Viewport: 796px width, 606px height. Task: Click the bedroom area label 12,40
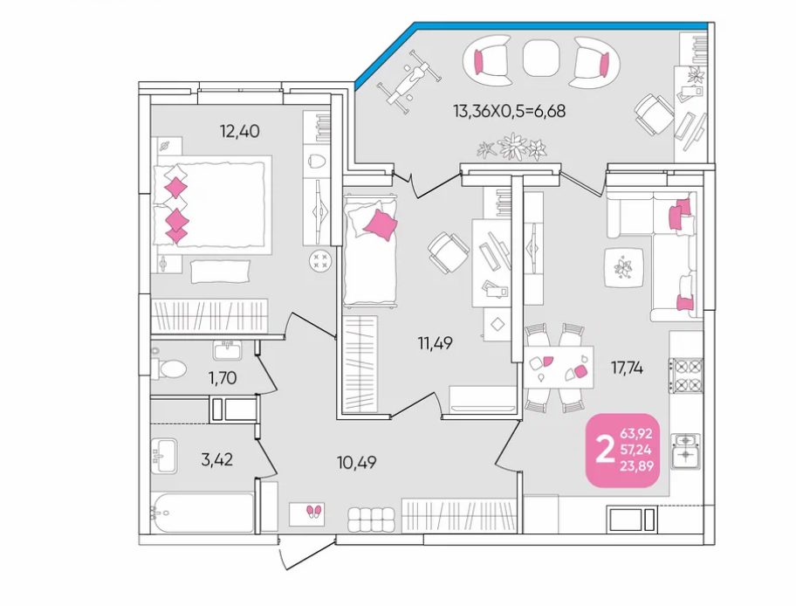click(x=240, y=132)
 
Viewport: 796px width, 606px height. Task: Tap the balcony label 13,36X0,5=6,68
click(x=509, y=111)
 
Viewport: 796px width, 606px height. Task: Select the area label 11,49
click(x=435, y=344)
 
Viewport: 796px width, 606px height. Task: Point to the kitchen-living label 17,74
click(x=627, y=368)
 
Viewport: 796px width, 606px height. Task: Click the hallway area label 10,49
click(x=356, y=463)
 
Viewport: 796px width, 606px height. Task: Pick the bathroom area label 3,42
click(x=216, y=459)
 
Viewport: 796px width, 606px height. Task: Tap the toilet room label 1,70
click(x=223, y=378)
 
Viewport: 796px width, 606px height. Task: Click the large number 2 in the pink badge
click(x=604, y=450)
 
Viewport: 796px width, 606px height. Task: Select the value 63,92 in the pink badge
click(x=636, y=434)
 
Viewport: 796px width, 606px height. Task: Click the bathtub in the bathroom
click(x=202, y=513)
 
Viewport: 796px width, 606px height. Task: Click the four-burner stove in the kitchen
click(x=686, y=375)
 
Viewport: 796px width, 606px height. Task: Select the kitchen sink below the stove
click(x=686, y=451)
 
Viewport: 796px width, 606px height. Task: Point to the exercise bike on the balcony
click(x=408, y=82)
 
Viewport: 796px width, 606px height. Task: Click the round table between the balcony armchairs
click(x=540, y=58)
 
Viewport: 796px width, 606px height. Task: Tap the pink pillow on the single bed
click(x=381, y=224)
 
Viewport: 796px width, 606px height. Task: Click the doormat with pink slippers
click(x=306, y=514)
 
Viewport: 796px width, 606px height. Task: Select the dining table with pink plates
click(x=559, y=367)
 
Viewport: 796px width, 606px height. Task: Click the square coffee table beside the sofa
click(x=624, y=267)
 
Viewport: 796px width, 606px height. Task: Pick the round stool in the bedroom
click(x=321, y=262)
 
